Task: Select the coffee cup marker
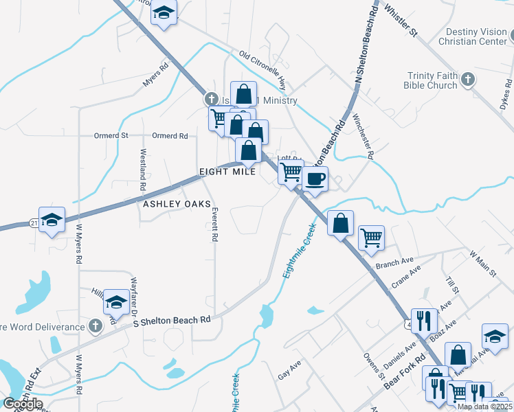(x=315, y=180)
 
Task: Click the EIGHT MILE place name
(x=227, y=172)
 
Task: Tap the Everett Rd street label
(x=215, y=224)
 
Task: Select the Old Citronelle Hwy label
(x=262, y=71)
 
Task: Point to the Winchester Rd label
(x=362, y=136)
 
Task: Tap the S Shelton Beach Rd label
(x=172, y=321)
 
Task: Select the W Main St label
(x=482, y=264)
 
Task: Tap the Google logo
(x=22, y=404)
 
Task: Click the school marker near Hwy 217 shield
(x=52, y=220)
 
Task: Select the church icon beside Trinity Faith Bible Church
(x=467, y=80)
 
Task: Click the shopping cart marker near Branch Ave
(x=371, y=238)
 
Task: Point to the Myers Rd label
(x=156, y=76)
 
